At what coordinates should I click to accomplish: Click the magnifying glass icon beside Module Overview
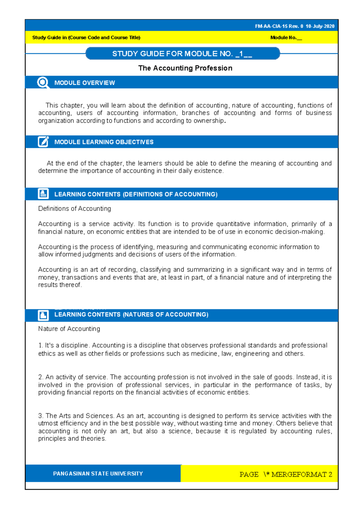[x=43, y=83]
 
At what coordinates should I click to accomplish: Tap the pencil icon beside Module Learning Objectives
[x=43, y=142]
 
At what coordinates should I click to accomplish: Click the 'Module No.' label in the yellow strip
[x=283, y=38]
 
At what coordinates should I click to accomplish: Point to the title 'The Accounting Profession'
[x=185, y=68]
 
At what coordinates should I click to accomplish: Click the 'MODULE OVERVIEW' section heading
[x=85, y=83]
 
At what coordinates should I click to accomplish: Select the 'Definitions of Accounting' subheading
[x=74, y=209]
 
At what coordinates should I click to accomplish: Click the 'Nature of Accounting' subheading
[x=69, y=329]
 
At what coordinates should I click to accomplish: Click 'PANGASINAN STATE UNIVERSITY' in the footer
[x=98, y=474]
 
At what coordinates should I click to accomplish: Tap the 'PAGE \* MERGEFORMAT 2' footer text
[x=286, y=474]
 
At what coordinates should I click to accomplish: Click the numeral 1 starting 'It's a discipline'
[x=40, y=345]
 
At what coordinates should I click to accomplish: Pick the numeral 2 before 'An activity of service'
[x=40, y=377]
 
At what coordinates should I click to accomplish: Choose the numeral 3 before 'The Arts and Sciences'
[x=40, y=416]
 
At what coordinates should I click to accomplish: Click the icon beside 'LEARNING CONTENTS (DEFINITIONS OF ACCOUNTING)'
[x=43, y=194]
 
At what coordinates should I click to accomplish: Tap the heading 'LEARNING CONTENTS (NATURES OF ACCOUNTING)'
[x=131, y=315]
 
